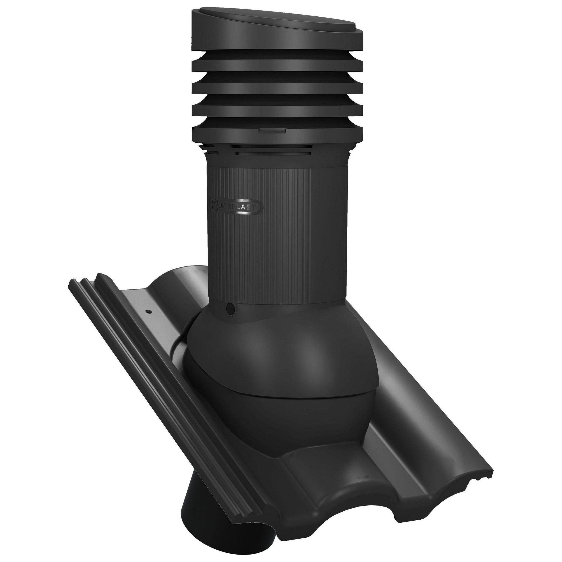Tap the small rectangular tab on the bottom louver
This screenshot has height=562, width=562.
coord(270,131)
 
